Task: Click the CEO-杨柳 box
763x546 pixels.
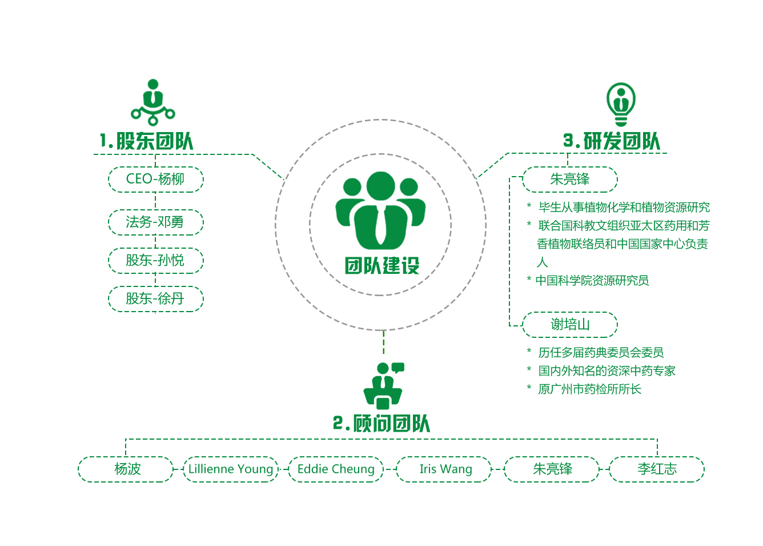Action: point(155,180)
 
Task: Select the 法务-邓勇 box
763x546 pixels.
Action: point(155,222)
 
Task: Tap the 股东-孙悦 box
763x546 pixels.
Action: point(155,261)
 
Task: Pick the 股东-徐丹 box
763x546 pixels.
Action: point(155,298)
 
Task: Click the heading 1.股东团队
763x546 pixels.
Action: point(147,141)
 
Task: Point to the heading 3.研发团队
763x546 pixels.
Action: point(612,141)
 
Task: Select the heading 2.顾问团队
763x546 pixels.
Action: point(381,424)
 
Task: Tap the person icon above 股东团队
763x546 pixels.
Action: point(153,102)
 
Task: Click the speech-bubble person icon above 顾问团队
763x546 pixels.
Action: point(384,385)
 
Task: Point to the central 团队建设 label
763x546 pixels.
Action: point(382,266)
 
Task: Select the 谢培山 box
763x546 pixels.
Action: point(570,325)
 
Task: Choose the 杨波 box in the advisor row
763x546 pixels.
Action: point(126,469)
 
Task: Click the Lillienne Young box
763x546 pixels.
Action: point(231,469)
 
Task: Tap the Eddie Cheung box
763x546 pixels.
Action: point(336,469)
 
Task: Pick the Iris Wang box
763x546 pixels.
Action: point(445,469)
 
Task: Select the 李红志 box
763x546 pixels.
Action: point(657,469)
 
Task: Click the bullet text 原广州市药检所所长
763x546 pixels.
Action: point(589,389)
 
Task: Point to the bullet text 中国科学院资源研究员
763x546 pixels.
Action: point(592,281)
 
